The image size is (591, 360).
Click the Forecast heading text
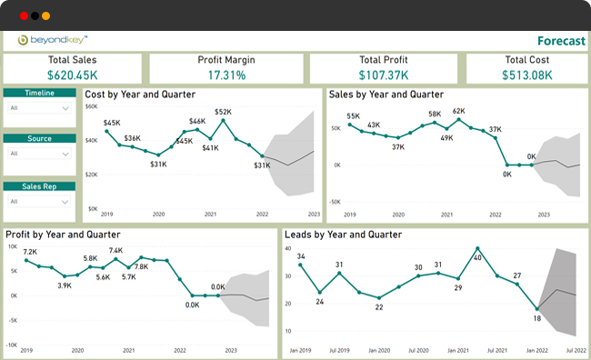pyautogui.click(x=560, y=41)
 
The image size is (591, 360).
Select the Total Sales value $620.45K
pyautogui.click(x=73, y=75)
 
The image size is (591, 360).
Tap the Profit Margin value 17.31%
pyautogui.click(x=226, y=75)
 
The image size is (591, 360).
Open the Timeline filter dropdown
pyautogui.click(x=39, y=108)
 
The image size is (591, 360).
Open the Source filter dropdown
pyautogui.click(x=39, y=154)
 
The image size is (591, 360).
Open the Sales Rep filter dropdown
pyautogui.click(x=39, y=201)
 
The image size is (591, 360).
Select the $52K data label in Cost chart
pyautogui.click(x=223, y=113)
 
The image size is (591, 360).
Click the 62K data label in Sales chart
pyautogui.click(x=458, y=111)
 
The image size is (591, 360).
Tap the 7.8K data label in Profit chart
pyautogui.click(x=141, y=267)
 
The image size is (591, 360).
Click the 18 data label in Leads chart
pyautogui.click(x=537, y=319)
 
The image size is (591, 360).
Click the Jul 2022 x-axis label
pyautogui.click(x=576, y=350)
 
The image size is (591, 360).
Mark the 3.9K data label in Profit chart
pyautogui.click(x=65, y=285)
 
